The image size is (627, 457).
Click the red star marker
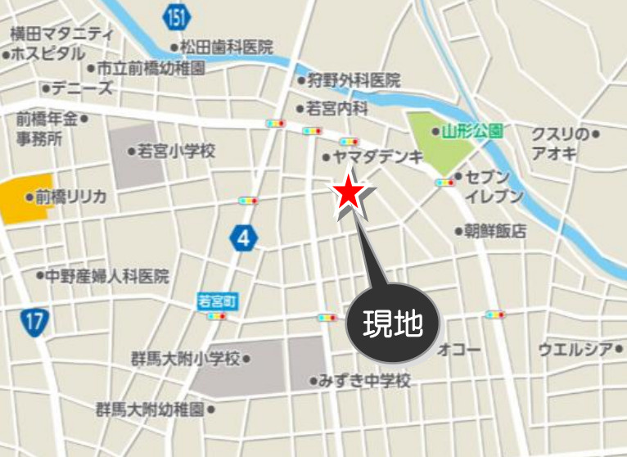point(347,193)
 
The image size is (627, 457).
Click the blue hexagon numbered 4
point(243,238)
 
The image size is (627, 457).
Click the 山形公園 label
point(471,131)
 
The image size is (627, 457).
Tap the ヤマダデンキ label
point(378,157)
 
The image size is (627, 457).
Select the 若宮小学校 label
point(175,151)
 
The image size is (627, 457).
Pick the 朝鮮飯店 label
point(496,231)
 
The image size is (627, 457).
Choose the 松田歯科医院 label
point(226,48)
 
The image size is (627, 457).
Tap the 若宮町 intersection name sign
point(217,301)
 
